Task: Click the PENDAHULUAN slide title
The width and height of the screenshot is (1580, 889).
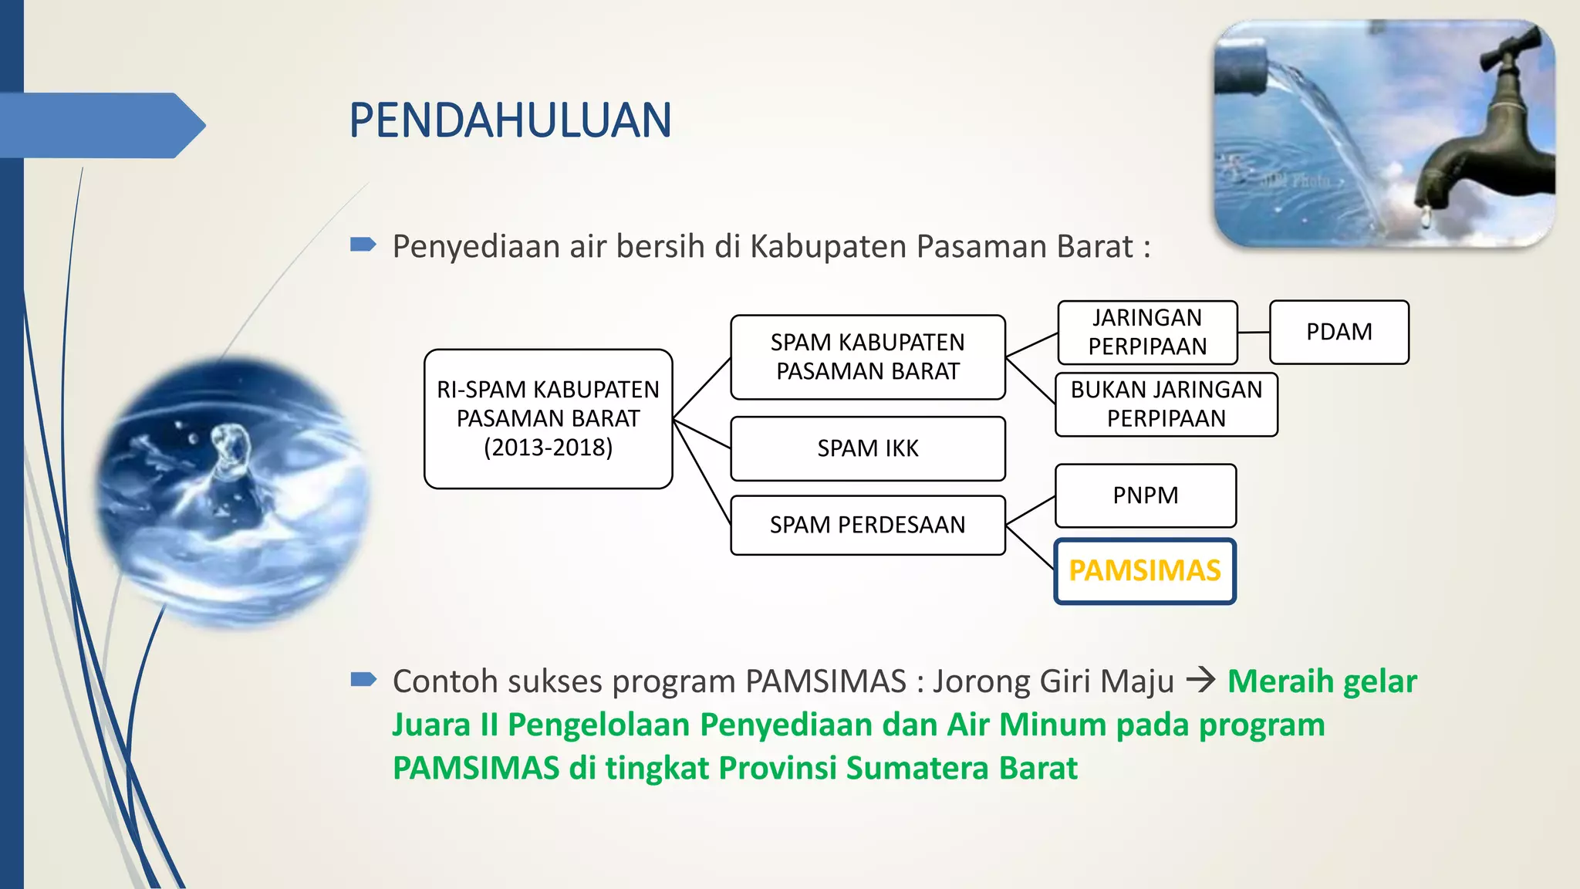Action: coord(510,121)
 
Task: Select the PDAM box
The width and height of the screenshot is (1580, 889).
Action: coord(1339,332)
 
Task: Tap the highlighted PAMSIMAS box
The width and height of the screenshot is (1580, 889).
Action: coord(1145,571)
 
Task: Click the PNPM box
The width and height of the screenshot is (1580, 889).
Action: coord(1145,495)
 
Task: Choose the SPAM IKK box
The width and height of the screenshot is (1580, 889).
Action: coord(867,448)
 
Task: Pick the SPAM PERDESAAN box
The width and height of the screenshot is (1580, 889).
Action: coord(867,525)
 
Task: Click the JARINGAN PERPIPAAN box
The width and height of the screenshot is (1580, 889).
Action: coord(1147,333)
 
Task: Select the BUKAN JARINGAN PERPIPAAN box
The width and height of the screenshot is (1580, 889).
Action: coord(1166,404)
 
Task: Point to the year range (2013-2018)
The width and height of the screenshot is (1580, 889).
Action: coord(548,448)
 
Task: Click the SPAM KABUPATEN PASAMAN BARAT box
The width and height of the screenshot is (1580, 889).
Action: coord(867,357)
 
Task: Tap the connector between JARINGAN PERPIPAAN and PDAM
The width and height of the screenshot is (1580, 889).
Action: coord(1254,333)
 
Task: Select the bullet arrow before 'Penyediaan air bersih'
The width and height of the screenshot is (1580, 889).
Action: coord(363,245)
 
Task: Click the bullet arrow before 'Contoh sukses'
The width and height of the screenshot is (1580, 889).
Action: coord(363,679)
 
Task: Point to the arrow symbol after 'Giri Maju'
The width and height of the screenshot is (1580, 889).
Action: coord(1200,680)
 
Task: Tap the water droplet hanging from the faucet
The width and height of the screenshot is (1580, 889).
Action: coord(1426,218)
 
